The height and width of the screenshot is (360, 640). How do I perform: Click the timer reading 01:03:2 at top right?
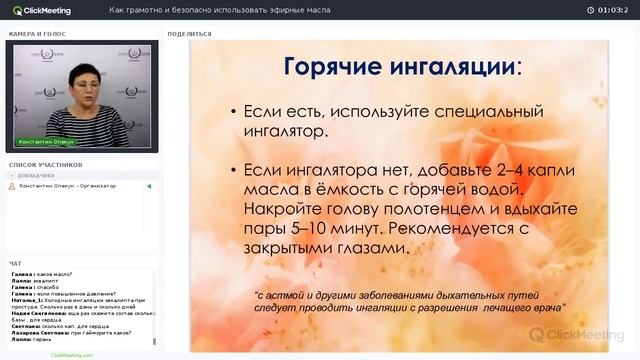click(612, 10)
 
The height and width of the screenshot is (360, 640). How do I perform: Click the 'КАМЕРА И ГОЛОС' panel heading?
click(38, 33)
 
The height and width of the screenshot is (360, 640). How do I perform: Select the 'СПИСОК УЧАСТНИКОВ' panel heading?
click(45, 164)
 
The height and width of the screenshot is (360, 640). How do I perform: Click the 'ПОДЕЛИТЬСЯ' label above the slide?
click(190, 33)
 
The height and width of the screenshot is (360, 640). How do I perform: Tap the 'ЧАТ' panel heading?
click(15, 264)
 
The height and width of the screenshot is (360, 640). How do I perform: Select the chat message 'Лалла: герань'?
click(31, 340)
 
